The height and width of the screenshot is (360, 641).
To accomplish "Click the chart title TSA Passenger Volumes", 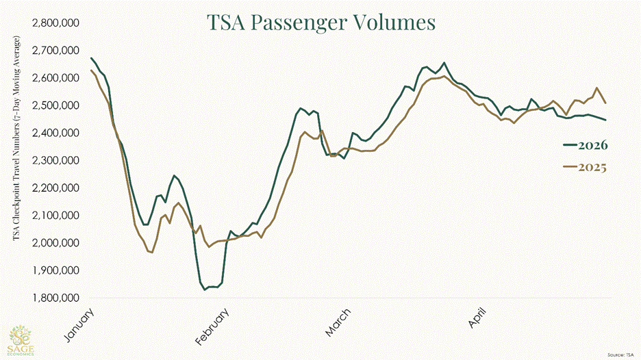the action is (321, 23).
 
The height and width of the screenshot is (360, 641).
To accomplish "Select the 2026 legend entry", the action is (586, 145).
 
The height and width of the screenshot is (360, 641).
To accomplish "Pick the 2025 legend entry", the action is (585, 167).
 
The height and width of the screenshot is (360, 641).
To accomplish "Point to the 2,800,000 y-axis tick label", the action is (55, 23).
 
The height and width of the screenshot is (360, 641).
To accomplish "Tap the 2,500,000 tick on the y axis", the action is (55, 105).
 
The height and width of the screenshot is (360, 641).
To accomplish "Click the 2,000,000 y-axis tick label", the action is (55, 243).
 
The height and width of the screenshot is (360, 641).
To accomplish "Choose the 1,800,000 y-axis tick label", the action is (55, 298).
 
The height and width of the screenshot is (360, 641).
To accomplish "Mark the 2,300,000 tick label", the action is (55, 161).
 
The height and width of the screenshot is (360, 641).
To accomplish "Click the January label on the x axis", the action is (79, 325).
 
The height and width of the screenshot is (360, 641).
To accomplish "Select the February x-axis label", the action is (212, 327).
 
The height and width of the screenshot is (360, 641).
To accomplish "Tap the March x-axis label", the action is (338, 322).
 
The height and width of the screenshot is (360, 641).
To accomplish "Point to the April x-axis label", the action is (477, 318).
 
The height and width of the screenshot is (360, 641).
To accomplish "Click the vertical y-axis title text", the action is (16, 139).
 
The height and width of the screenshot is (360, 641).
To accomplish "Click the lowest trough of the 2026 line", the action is (204, 290).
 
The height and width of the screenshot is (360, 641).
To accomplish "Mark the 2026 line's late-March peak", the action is (444, 63).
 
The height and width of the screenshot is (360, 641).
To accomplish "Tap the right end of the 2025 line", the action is (605, 103).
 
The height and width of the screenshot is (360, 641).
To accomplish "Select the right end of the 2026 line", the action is (605, 120).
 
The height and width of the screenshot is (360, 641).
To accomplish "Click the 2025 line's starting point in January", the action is (91, 70).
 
